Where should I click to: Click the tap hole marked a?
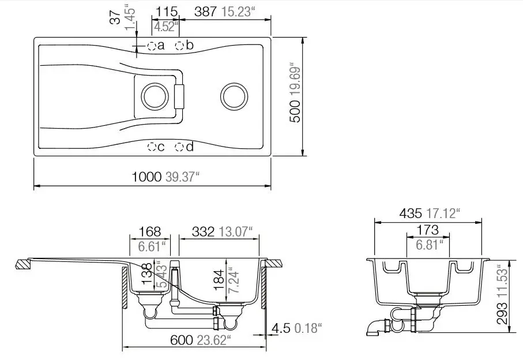152,46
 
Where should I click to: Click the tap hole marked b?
179,46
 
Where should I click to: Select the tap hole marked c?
152,147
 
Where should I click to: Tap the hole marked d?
179,147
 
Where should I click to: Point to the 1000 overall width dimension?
147,177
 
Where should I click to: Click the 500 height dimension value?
295,111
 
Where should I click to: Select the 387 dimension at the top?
205,12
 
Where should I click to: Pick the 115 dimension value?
167,12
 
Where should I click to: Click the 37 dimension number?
115,17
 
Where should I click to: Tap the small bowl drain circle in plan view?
155,96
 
